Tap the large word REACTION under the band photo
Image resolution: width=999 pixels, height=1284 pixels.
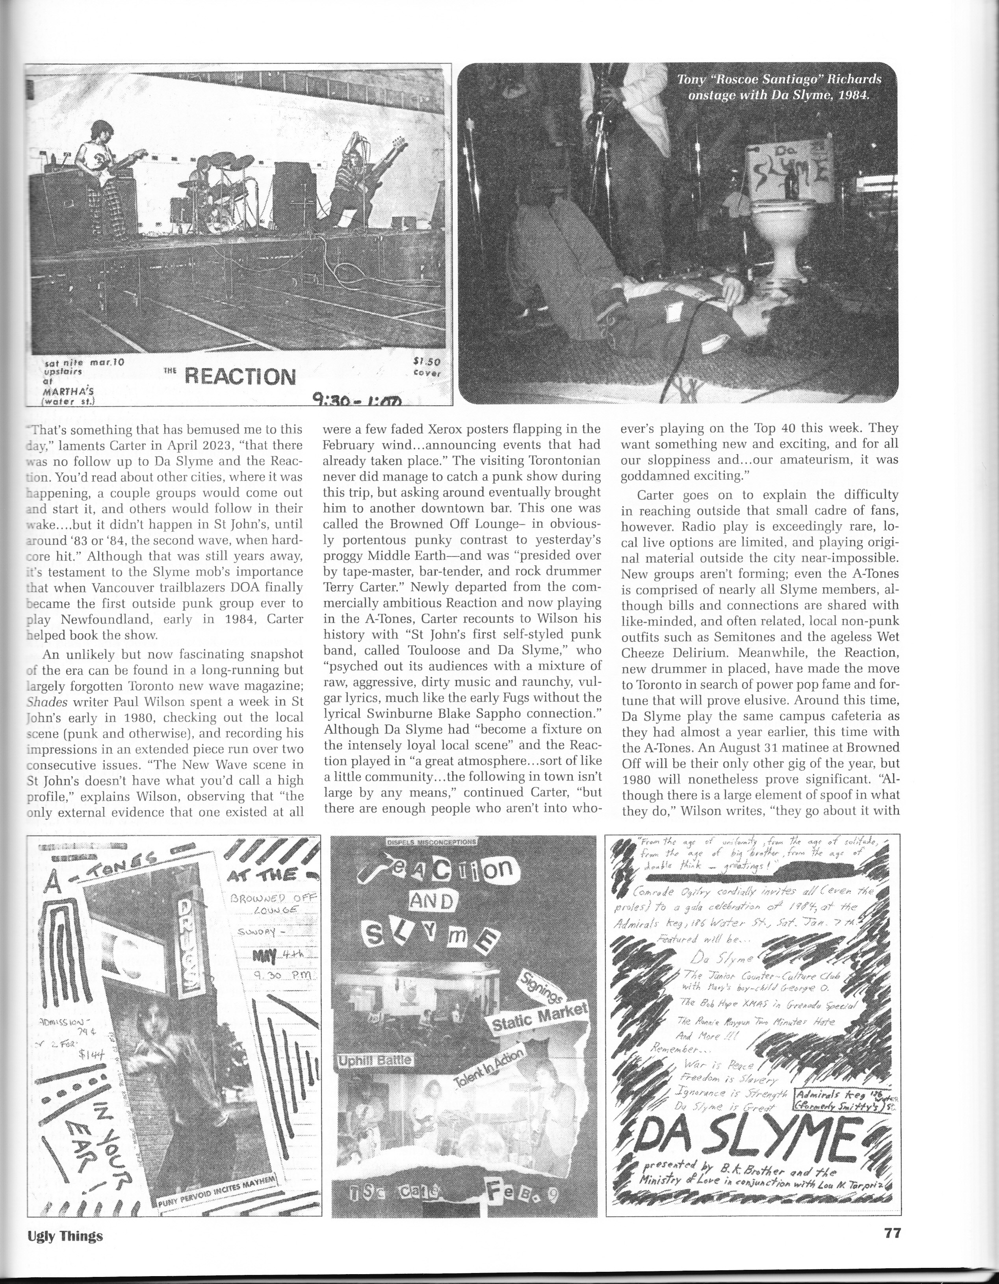[240, 376]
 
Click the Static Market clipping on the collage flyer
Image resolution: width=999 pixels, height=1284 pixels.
[540, 1023]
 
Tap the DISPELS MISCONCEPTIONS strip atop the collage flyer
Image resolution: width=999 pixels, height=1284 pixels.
[433, 842]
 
